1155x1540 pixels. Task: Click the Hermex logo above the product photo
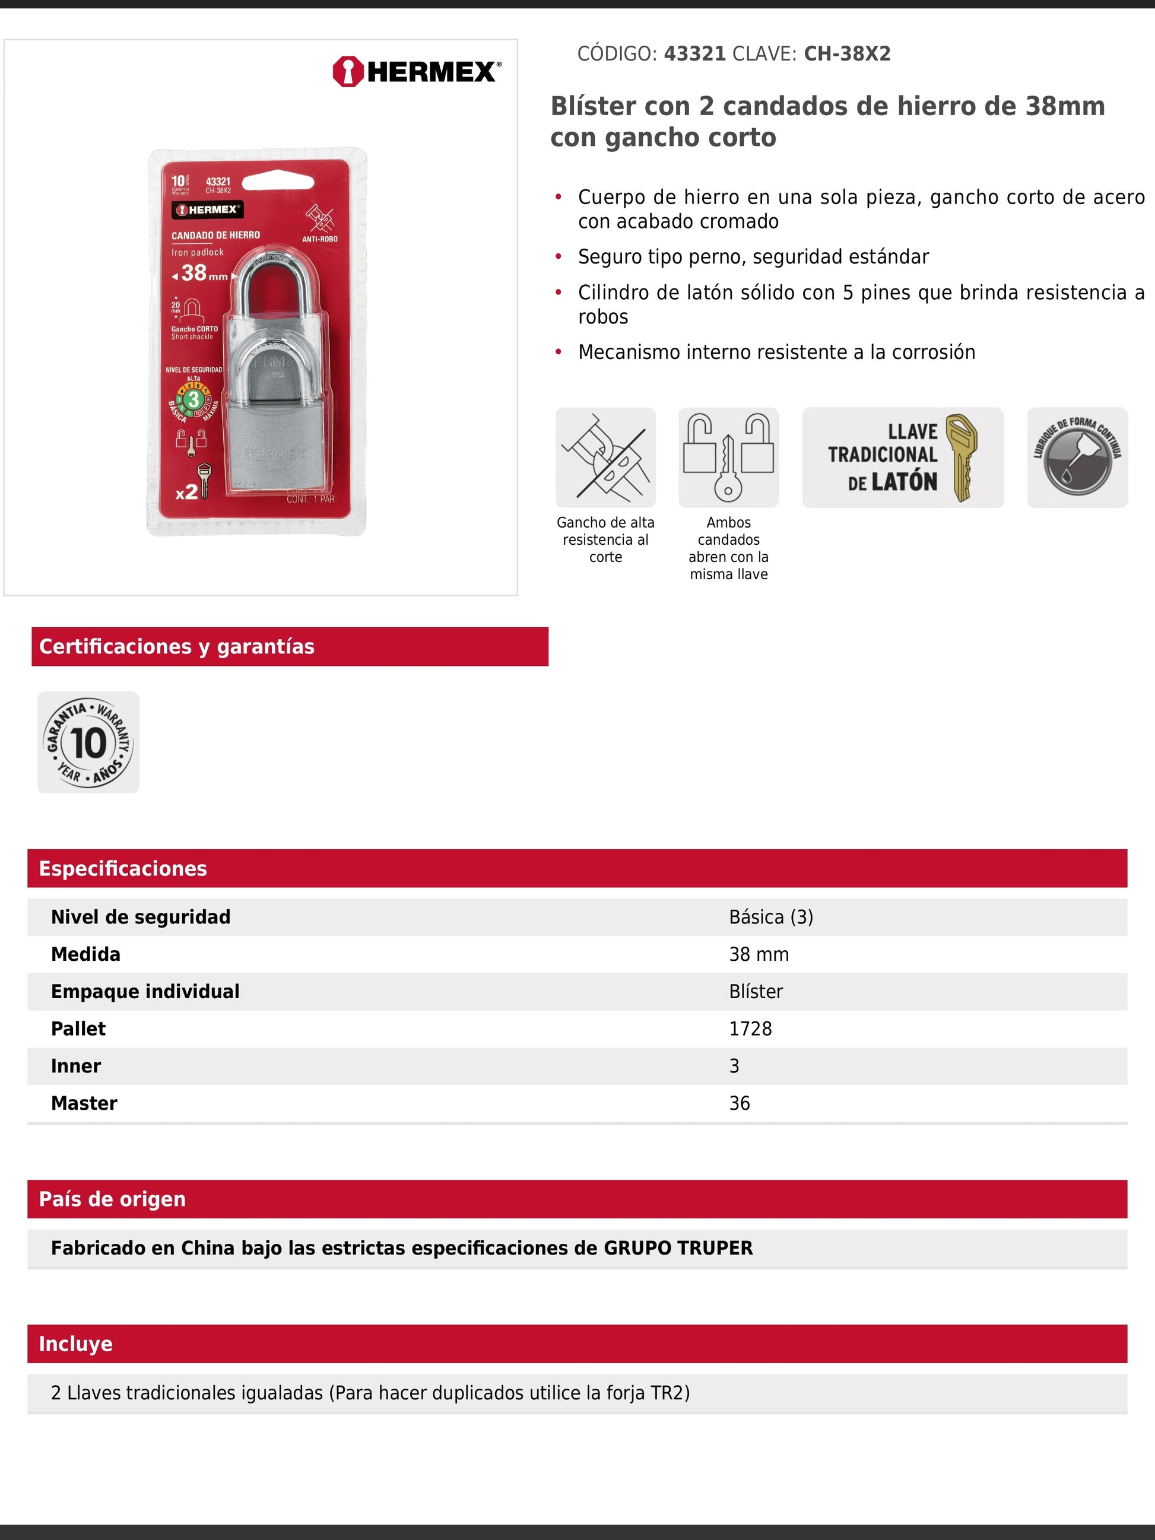[x=416, y=71]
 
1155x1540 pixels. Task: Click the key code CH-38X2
[x=846, y=53]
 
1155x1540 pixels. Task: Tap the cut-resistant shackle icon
[x=605, y=458]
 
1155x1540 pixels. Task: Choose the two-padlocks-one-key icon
[x=728, y=458]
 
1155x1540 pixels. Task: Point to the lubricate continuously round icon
[x=1077, y=458]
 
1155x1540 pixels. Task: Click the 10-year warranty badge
[x=88, y=742]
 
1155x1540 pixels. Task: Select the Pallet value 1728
[x=750, y=1028]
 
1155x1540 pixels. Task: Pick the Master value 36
[x=740, y=1103]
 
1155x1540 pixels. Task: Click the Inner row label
[x=76, y=1066]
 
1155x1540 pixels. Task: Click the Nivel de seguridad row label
[x=141, y=917]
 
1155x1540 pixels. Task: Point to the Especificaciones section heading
[x=122, y=868]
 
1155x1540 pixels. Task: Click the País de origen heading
[x=112, y=1199]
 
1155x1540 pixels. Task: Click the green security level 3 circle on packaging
[x=193, y=399]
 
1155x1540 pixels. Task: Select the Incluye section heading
[x=75, y=1344]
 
